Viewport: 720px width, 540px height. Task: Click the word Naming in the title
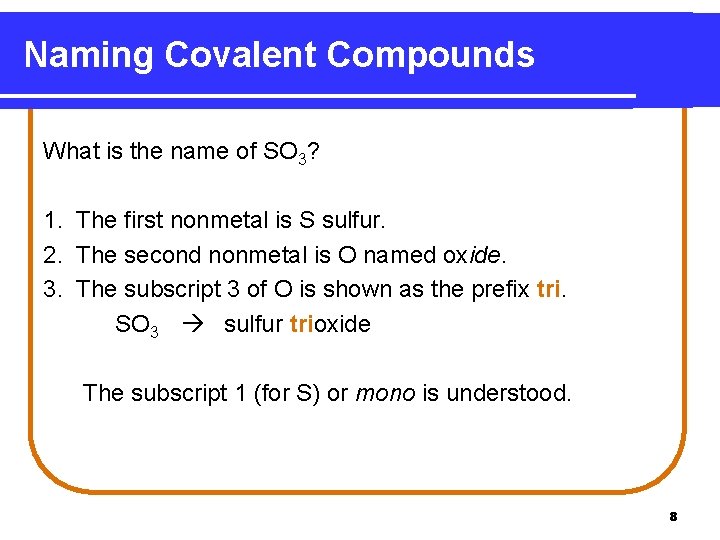[x=88, y=55]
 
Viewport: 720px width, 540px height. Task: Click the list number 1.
[x=50, y=220]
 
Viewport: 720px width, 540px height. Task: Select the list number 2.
[x=50, y=254]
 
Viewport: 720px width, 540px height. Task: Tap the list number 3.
[x=50, y=289]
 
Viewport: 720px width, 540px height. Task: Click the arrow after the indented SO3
[x=196, y=324]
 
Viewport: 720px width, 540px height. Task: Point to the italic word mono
[x=385, y=393]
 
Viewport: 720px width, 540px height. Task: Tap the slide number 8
[x=673, y=517]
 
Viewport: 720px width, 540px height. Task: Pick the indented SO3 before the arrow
[x=137, y=325]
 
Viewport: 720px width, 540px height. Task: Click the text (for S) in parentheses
[x=288, y=393]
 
